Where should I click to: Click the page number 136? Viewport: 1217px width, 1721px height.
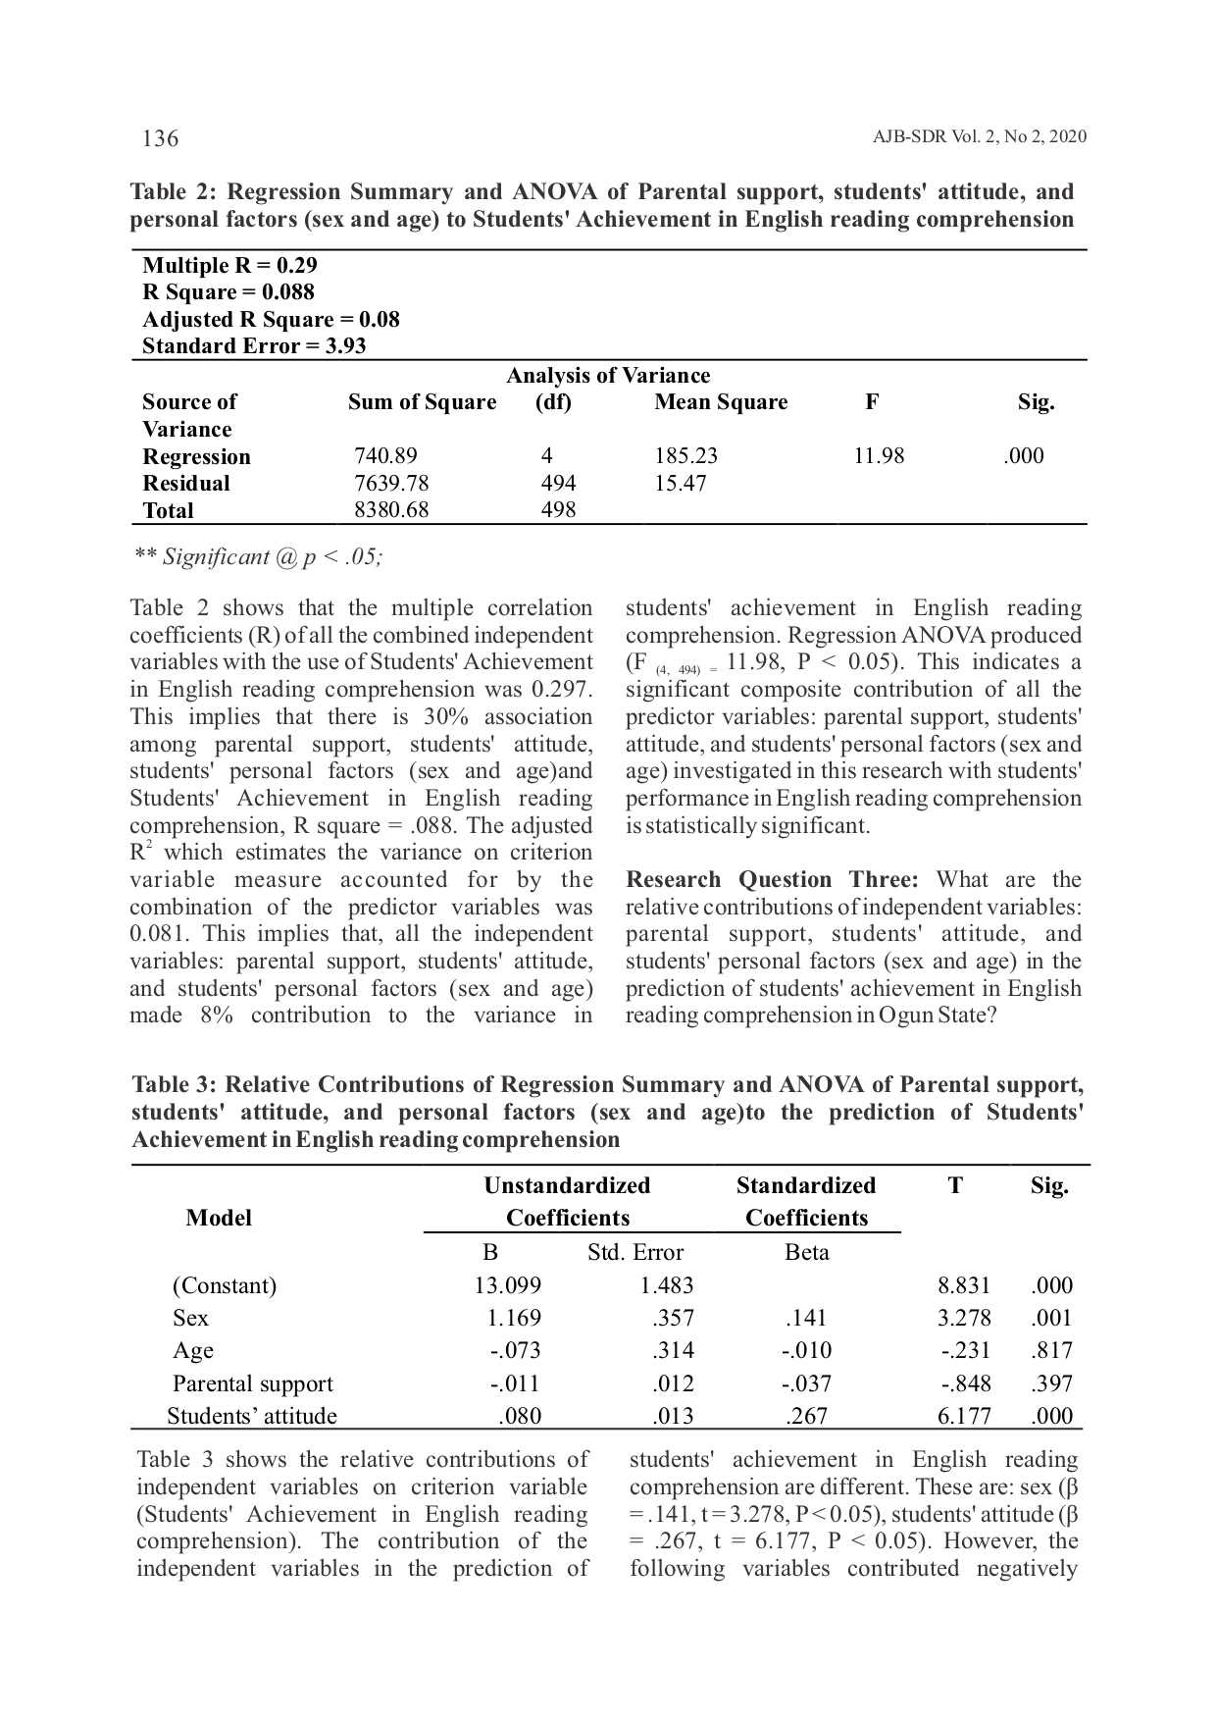pos(161,138)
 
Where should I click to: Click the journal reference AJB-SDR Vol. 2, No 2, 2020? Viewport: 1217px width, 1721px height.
pos(979,137)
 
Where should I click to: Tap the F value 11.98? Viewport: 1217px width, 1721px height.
pos(879,456)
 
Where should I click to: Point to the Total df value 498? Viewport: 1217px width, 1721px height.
pos(558,510)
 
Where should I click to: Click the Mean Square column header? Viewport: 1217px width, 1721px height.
pos(721,402)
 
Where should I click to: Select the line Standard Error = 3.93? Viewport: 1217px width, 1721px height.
pos(254,346)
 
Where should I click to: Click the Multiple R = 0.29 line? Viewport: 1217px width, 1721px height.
pos(229,266)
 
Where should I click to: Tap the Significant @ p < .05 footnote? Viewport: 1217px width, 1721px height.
pos(259,557)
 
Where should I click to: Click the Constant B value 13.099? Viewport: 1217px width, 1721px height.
pos(507,1285)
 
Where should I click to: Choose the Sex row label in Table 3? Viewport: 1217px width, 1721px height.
pos(190,1318)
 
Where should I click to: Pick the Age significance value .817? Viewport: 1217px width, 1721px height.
pos(1052,1350)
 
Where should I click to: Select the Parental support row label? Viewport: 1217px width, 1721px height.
pos(252,1383)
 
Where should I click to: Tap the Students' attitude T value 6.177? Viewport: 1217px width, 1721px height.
pos(964,1416)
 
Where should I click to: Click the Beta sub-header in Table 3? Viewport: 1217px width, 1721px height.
pos(807,1252)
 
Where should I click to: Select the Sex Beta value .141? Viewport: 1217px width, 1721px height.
pos(807,1318)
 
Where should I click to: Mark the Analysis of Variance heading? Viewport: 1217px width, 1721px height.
pos(608,376)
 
